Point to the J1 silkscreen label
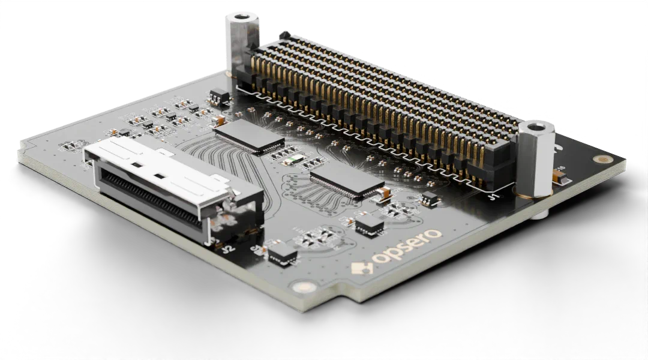pyautogui.click(x=493, y=196)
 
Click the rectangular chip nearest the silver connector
pyautogui.click(x=248, y=136)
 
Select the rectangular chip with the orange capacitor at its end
pyautogui.click(x=346, y=179)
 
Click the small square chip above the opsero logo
pyautogui.click(x=369, y=224)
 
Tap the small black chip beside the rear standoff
pyautogui.click(x=220, y=95)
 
